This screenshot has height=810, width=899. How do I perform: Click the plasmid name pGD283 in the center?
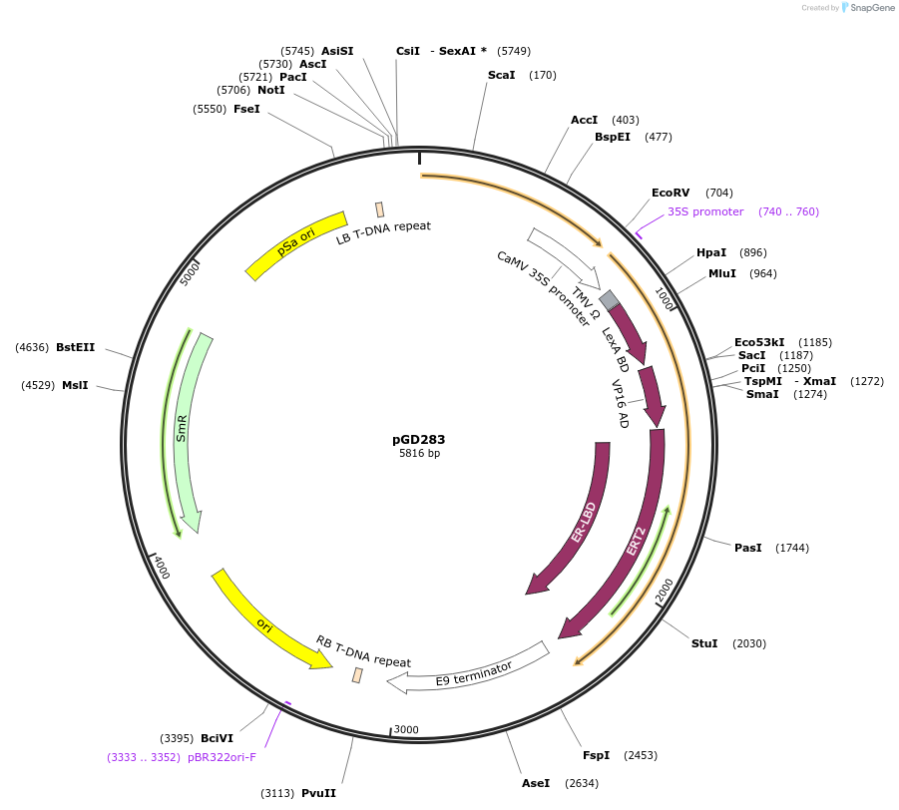pos(418,439)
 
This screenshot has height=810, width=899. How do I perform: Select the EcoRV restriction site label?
pos(671,193)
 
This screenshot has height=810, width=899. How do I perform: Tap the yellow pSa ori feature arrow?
pos(296,244)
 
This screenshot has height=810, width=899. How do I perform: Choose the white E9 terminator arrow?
pos(469,671)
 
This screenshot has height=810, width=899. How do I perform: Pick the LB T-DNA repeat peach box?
pos(380,209)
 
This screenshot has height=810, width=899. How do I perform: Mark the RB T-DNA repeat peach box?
pos(357,675)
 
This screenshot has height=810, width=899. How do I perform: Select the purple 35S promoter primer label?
pos(705,211)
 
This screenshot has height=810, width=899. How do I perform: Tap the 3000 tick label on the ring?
pos(406,730)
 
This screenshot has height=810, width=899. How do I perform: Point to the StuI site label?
pos(704,643)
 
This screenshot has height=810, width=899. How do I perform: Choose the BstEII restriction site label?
pos(76,347)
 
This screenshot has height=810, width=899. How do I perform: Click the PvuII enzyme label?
pos(320,794)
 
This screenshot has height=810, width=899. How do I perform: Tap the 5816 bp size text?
pos(419,454)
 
